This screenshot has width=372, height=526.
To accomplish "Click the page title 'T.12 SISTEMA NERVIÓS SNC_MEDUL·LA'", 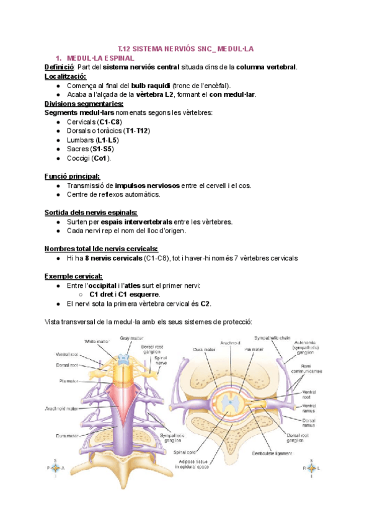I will click(x=186, y=48).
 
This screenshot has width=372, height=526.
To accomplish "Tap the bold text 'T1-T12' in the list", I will click(x=137, y=131).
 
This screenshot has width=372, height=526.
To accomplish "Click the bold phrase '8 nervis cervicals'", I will click(x=113, y=257).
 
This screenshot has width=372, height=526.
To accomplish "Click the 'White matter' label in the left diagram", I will click(x=98, y=341).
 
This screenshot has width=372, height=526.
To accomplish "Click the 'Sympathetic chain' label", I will click(x=271, y=338).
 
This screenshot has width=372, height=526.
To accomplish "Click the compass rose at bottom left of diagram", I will click(x=56, y=468).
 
